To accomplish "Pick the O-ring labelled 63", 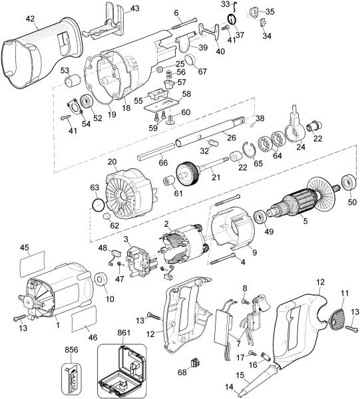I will pos(97,203).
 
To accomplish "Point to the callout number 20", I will pos(111,162).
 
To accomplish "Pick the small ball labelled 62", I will pos(106,217).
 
